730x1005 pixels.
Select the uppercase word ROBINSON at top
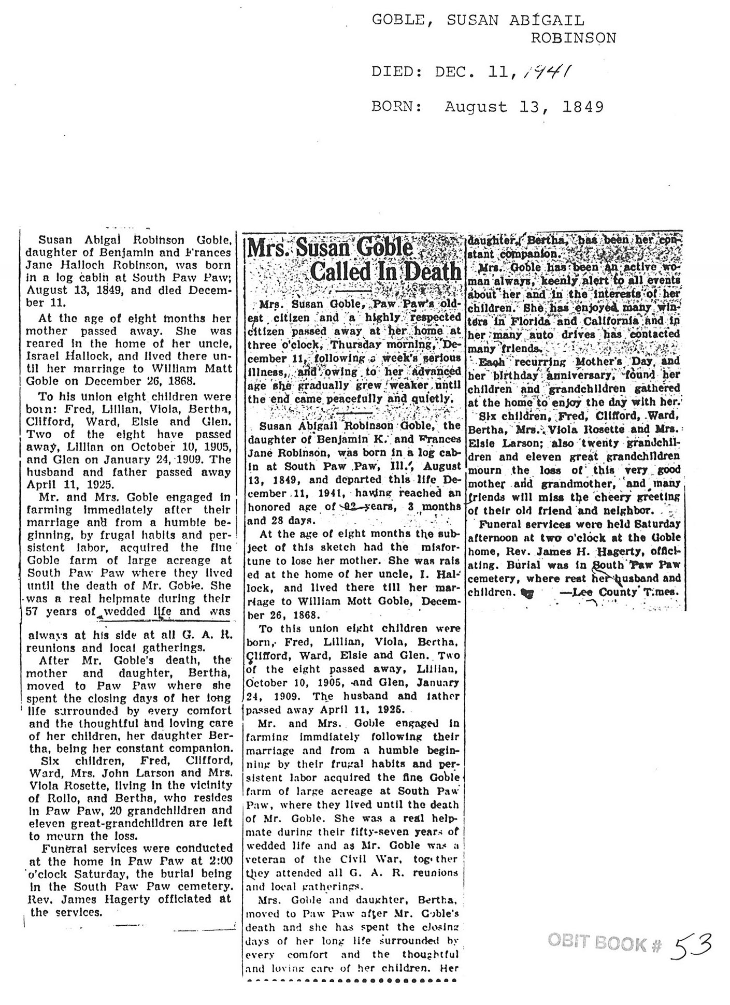point(574,38)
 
